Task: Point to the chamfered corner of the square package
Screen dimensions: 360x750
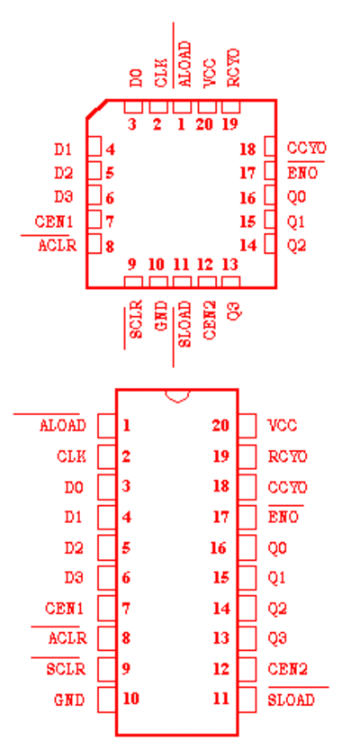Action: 96,109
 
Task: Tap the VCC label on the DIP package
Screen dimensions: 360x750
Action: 283,425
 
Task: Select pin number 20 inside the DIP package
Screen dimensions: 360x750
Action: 220,425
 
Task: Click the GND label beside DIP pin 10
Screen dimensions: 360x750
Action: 69,700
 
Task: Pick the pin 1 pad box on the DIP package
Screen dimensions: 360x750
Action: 106,426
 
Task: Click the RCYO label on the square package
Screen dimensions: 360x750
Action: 233,68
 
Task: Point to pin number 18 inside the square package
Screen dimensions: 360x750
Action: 248,149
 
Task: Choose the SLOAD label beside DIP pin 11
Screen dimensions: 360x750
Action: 292,700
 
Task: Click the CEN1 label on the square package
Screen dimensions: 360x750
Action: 54,221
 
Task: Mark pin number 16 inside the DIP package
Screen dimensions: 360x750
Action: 219,547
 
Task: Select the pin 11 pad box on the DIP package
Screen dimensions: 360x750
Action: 247,700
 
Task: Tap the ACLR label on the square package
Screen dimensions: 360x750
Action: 58,246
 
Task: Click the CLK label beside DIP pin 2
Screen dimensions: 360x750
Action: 72,456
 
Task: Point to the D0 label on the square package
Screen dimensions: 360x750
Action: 136,77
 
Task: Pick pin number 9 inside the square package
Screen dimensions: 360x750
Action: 132,264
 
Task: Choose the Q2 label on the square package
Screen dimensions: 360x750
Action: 296,246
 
